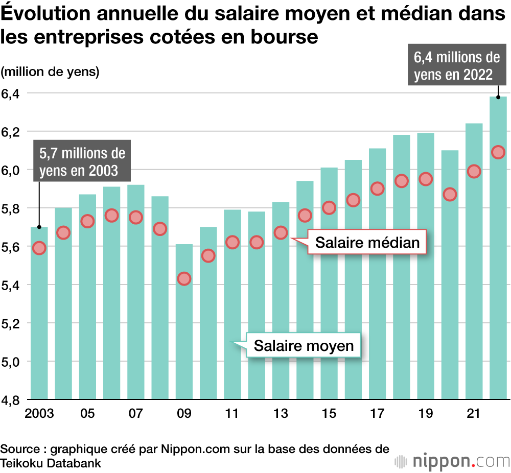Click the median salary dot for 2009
(x=184, y=278)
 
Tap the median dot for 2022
(x=498, y=152)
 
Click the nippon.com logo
(x=452, y=461)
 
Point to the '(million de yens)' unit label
(x=50, y=72)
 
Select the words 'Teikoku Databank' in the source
(x=51, y=463)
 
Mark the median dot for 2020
(x=450, y=194)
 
